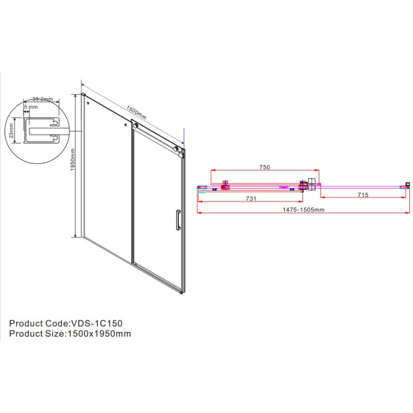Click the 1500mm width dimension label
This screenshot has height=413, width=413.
[x=136, y=113]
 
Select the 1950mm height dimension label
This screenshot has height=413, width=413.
[x=73, y=160]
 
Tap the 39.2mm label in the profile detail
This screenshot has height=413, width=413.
[x=43, y=99]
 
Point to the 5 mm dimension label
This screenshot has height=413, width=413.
[x=31, y=107]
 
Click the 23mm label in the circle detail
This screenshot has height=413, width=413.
[x=11, y=131]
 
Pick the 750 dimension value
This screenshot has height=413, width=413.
[x=265, y=167]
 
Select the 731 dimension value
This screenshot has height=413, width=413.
[x=251, y=199]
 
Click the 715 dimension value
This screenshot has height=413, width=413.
[x=363, y=195]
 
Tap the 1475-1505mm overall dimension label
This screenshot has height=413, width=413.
[x=304, y=210]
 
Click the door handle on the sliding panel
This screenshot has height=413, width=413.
[x=178, y=220]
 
